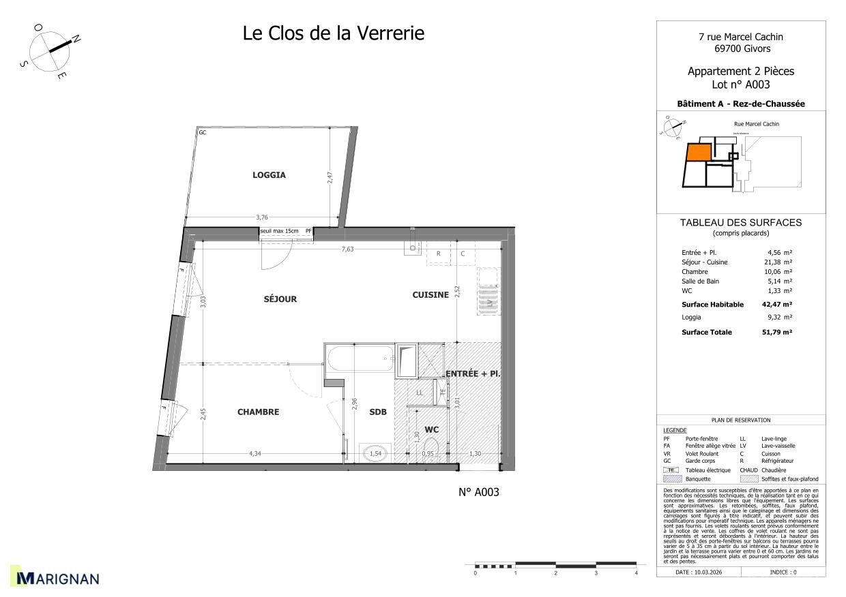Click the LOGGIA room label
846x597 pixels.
[269, 175]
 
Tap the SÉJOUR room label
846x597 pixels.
[280, 299]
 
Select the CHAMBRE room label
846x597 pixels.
[258, 412]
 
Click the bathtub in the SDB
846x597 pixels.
[360, 358]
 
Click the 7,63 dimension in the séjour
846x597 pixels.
[347, 249]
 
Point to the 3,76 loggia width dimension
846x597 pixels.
[261, 217]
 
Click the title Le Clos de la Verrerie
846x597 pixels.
[333, 33]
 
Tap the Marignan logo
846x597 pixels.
[57, 579]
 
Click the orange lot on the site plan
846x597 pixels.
[697, 153]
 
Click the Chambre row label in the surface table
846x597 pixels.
[695, 271]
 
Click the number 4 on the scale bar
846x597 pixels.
[636, 574]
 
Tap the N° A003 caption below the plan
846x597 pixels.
[478, 492]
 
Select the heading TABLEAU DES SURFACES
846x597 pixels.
[740, 223]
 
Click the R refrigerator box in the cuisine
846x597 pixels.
[438, 254]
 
